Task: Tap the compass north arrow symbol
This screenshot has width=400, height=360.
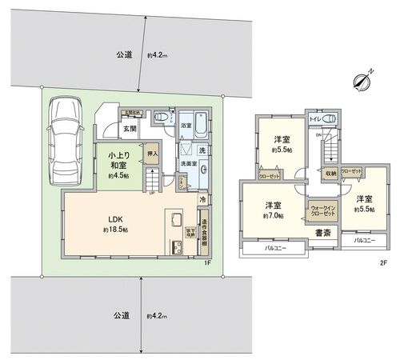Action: (365, 80)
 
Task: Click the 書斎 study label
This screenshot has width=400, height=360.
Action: (323, 234)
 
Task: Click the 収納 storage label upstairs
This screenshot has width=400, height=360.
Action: (330, 173)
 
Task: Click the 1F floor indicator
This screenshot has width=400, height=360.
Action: (206, 262)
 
